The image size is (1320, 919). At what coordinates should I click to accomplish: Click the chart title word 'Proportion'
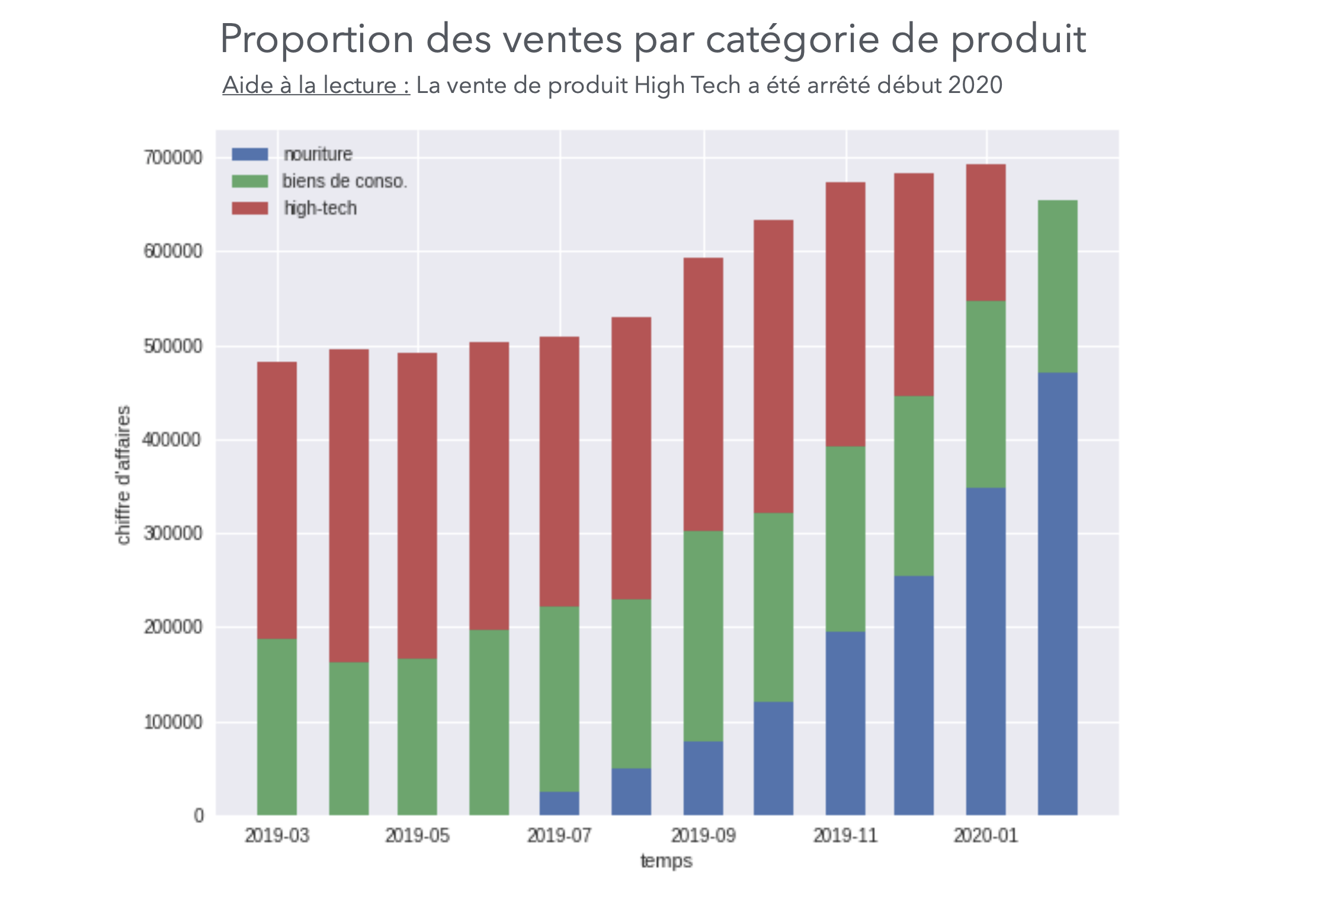pyautogui.click(x=316, y=40)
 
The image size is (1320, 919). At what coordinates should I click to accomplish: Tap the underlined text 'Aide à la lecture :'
pyautogui.click(x=316, y=86)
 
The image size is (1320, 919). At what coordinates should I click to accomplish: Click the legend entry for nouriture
pyautogui.click(x=318, y=155)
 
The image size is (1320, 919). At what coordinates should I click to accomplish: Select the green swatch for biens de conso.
pyautogui.click(x=250, y=181)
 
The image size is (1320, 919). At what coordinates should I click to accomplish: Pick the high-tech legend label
pyautogui.click(x=321, y=208)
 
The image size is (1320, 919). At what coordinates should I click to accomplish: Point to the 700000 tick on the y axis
pyautogui.click(x=172, y=158)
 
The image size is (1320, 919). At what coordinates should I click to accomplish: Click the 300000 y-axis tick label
pyautogui.click(x=172, y=534)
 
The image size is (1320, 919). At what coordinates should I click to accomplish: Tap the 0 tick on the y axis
pyautogui.click(x=198, y=815)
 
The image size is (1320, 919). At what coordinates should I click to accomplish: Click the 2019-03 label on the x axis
pyautogui.click(x=277, y=836)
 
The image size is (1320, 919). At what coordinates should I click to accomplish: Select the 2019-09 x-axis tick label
pyautogui.click(x=703, y=836)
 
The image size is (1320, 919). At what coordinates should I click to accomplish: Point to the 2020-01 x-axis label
pyautogui.click(x=985, y=836)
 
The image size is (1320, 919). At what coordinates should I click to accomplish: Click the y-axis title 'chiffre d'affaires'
pyautogui.click(x=123, y=475)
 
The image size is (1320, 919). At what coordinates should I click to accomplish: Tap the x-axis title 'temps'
pyautogui.click(x=666, y=861)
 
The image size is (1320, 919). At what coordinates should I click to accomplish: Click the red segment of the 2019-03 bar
pyautogui.click(x=277, y=500)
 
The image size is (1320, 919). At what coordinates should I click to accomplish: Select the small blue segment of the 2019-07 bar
pyautogui.click(x=559, y=804)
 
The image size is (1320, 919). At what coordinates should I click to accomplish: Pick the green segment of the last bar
pyautogui.click(x=1058, y=287)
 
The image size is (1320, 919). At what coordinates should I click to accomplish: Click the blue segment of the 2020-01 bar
pyautogui.click(x=985, y=651)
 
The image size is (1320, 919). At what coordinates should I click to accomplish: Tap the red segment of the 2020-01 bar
pyautogui.click(x=985, y=233)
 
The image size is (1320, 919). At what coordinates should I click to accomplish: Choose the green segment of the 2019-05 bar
pyautogui.click(x=417, y=737)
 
